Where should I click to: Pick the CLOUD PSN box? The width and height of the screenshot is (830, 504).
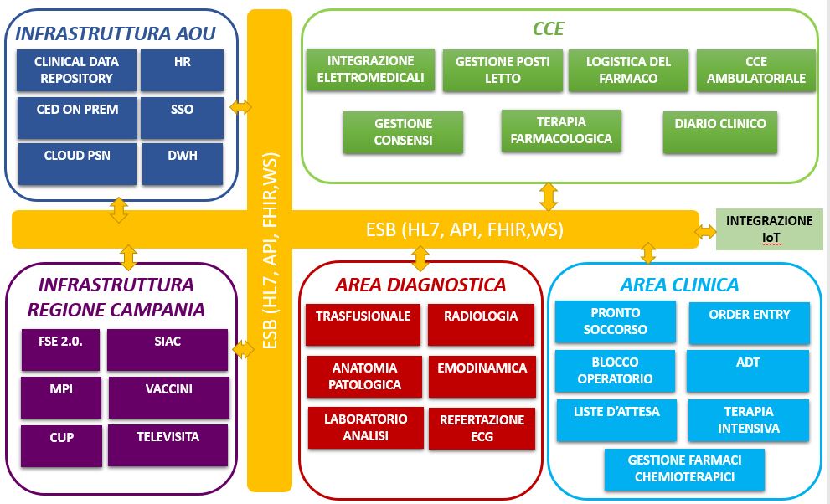point(77,162)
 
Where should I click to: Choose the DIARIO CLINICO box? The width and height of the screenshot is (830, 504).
point(720,131)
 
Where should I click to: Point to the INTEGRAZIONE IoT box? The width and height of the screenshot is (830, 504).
point(769,229)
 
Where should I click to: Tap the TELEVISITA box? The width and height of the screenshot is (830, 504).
point(168,445)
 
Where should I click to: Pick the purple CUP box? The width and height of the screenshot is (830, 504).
point(61,445)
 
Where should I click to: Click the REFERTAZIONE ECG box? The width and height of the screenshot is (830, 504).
point(482,429)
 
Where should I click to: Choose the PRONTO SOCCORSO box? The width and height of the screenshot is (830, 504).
point(615,322)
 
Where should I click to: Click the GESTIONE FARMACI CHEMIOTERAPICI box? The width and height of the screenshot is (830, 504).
point(684,469)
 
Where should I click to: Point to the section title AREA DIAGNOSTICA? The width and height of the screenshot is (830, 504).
point(420,285)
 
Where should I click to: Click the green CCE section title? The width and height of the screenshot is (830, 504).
point(549,29)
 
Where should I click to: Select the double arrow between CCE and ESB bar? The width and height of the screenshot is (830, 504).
point(549,196)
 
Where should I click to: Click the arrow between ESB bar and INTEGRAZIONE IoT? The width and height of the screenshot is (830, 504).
point(708,229)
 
